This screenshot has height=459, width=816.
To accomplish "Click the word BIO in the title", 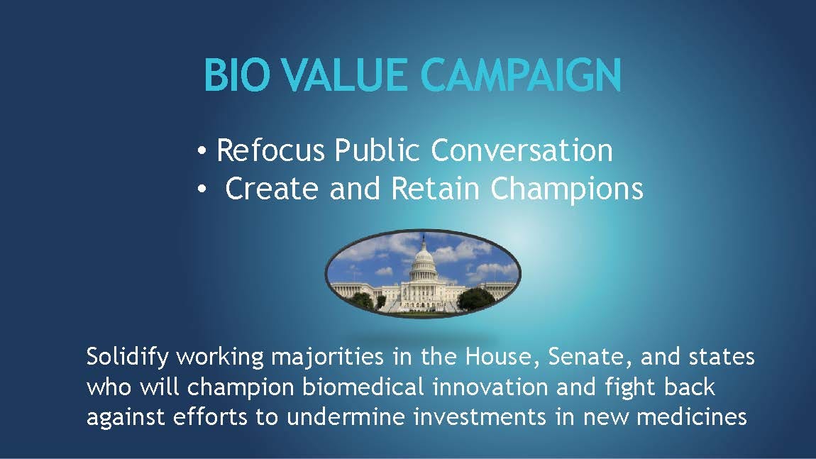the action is pos(237,75).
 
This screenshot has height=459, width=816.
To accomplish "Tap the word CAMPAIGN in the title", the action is pos(521,75).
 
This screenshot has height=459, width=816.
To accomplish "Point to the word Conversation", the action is pos(522,150).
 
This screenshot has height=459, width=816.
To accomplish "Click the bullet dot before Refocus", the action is pos(202,151).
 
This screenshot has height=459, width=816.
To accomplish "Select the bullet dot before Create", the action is pos(202,189).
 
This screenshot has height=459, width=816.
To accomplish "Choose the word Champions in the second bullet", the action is pos(567,190).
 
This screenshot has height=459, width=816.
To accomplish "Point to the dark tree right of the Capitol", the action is pos(475,299).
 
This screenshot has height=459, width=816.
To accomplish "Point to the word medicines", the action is pos(692,417).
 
